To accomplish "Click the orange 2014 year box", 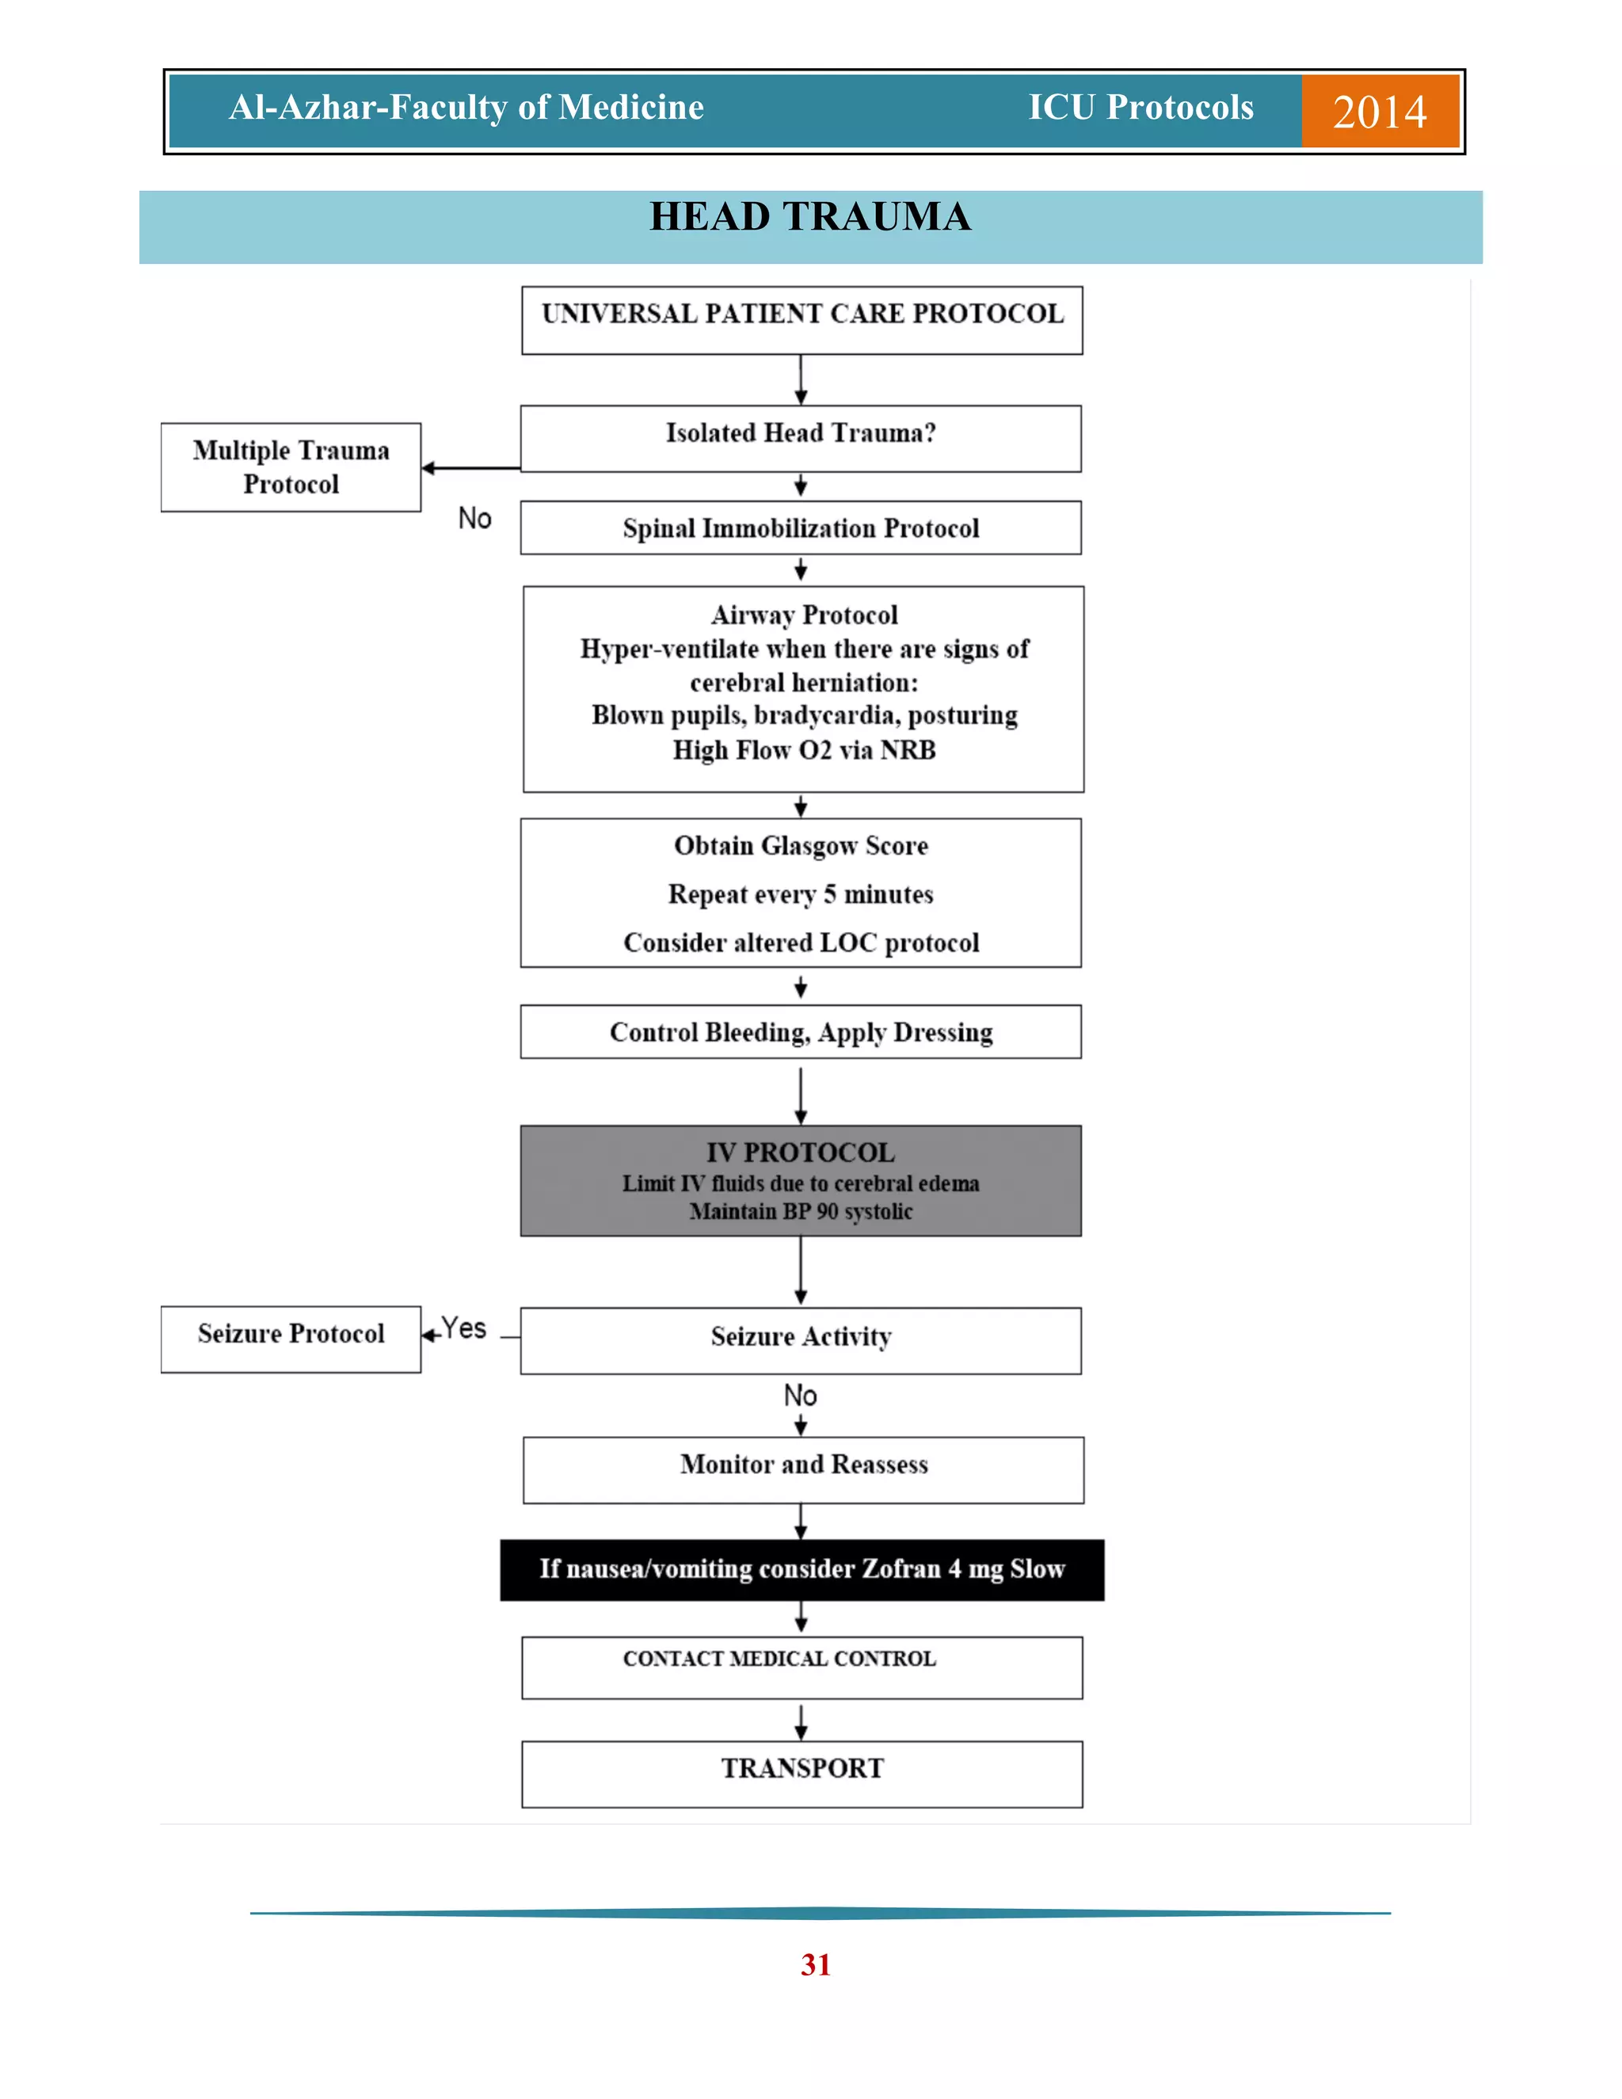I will (1379, 112).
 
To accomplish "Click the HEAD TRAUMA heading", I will (810, 217).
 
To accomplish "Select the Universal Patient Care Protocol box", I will (801, 319).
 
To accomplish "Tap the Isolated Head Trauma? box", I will (801, 437).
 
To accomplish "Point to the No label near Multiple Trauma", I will (474, 518).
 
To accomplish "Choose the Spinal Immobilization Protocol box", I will (801, 528).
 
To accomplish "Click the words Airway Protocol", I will (805, 615).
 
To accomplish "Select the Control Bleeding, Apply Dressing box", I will (801, 1032).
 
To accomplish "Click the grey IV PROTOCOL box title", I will (801, 1152).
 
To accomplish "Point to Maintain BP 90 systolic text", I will (801, 1211).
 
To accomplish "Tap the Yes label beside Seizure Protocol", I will (464, 1329).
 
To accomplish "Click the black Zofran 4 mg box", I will (801, 1569).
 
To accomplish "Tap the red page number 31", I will (815, 1964).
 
